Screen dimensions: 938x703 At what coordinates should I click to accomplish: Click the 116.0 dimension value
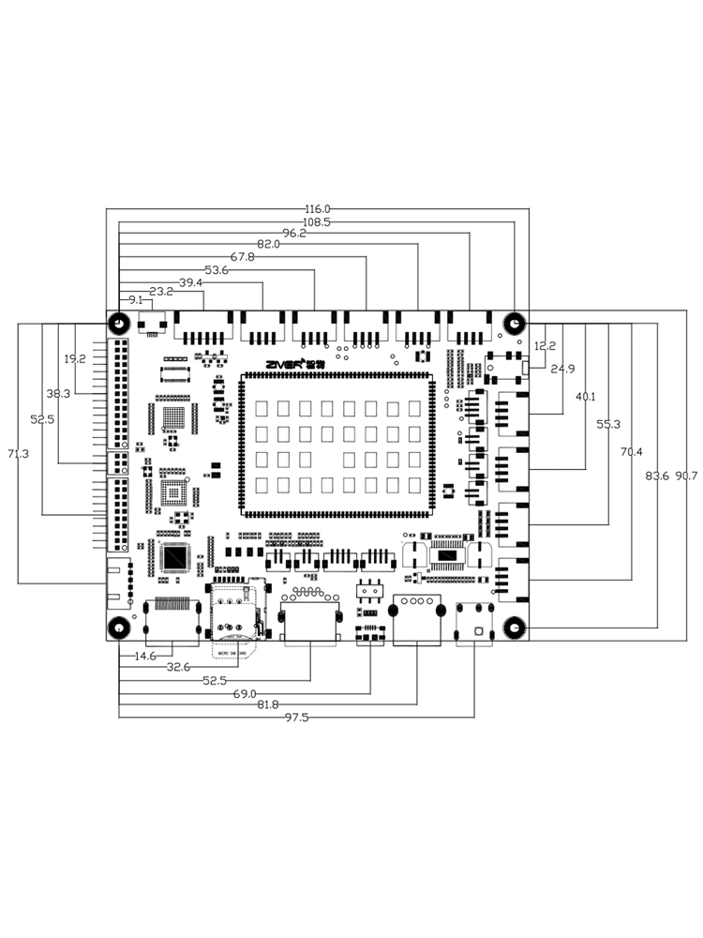click(318, 208)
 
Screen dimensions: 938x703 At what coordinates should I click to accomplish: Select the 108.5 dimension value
click(318, 222)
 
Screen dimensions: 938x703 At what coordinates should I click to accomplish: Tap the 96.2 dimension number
click(294, 234)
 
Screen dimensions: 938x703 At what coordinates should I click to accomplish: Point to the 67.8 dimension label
click(242, 257)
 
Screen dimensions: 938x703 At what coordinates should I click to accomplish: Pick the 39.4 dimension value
click(191, 282)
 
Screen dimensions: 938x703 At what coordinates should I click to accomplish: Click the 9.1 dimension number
click(136, 300)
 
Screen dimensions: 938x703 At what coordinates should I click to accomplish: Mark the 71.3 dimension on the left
click(18, 454)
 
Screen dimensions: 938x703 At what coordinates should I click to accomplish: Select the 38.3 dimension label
click(58, 394)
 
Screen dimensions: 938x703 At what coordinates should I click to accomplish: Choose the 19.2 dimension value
click(75, 358)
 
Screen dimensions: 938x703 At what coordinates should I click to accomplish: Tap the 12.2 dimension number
click(545, 346)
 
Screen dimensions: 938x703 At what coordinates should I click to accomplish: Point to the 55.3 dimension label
click(607, 424)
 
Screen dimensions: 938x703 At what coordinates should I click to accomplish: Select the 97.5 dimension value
click(297, 718)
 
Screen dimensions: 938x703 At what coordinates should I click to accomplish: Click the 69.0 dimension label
click(246, 693)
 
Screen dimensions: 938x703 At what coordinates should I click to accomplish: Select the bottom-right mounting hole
click(514, 628)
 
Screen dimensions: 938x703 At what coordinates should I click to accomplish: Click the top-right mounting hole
click(514, 324)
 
